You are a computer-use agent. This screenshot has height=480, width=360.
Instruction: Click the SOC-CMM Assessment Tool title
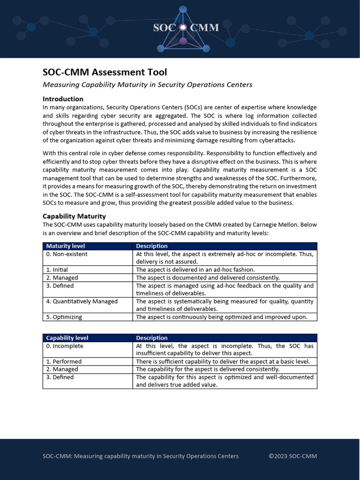click(x=105, y=72)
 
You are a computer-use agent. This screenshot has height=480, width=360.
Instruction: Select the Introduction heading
click(x=63, y=99)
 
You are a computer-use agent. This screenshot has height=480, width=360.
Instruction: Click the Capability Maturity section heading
click(x=74, y=216)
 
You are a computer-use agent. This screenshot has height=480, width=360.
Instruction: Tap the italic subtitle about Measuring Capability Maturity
click(x=147, y=85)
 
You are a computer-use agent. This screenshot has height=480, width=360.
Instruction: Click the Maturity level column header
click(x=66, y=246)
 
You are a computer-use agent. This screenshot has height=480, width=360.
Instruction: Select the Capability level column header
click(x=67, y=338)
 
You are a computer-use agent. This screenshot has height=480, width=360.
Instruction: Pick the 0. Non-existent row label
click(x=67, y=254)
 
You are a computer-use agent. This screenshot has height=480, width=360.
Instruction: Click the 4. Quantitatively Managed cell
click(x=82, y=301)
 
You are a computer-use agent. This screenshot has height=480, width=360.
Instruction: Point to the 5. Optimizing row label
click(x=64, y=317)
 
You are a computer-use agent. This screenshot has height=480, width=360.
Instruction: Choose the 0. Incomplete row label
click(x=65, y=346)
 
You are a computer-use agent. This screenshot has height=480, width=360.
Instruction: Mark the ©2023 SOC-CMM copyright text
click(x=289, y=456)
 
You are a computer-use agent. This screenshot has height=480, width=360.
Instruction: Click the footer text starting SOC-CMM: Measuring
click(x=141, y=456)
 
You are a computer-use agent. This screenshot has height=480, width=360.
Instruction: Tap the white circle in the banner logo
click(x=183, y=28)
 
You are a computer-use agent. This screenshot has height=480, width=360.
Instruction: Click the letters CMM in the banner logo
click(x=204, y=28)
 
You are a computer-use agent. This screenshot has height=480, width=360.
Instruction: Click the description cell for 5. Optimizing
click(x=221, y=317)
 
